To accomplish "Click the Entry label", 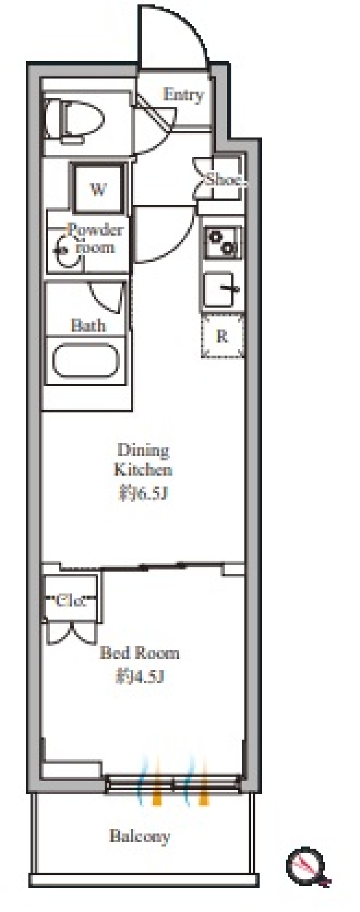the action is [x=183, y=95].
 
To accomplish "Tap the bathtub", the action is [x=85, y=360].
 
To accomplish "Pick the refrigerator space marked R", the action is [x=222, y=336].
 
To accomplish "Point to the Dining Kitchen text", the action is [x=143, y=460].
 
